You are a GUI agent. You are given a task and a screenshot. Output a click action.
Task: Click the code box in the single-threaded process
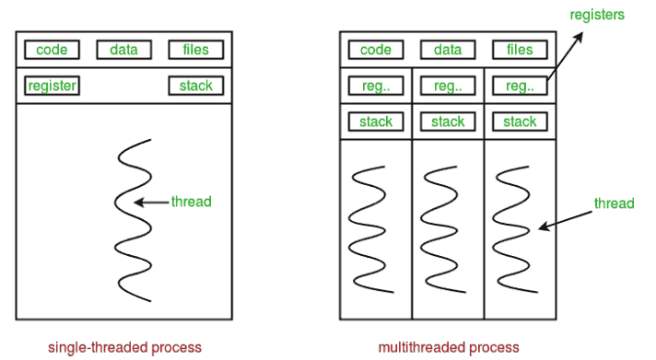[53, 50]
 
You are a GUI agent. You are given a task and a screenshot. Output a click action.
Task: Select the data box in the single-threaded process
[123, 50]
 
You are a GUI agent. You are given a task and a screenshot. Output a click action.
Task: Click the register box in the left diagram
[53, 86]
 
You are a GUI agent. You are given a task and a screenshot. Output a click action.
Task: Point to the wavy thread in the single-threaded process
[134, 221]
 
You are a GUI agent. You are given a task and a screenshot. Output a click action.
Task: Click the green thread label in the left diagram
[191, 202]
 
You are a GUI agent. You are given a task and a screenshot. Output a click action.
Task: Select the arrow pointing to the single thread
[152, 202]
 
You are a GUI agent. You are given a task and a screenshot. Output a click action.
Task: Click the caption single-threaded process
[124, 347]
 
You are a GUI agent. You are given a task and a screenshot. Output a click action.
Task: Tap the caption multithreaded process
[449, 347]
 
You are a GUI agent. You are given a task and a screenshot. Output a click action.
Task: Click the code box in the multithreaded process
[376, 50]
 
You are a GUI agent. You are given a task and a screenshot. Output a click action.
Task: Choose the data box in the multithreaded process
[448, 50]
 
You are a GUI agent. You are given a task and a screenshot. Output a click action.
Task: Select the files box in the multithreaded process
[520, 50]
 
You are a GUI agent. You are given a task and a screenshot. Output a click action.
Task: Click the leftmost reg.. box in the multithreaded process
[376, 86]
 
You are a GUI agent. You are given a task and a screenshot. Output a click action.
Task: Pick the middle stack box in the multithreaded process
[448, 121]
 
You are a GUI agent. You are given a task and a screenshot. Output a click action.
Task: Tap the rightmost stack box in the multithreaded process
[520, 121]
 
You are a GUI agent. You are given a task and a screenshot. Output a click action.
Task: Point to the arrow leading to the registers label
[564, 55]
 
